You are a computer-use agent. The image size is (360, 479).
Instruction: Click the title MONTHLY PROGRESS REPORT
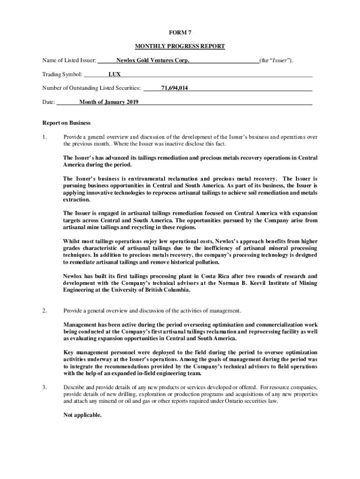coord(180,46)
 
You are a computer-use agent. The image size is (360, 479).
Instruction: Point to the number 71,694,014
coord(174,88)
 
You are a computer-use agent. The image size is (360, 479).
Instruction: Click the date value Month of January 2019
coord(108,102)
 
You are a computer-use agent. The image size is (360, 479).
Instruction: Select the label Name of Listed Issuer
coord(69,60)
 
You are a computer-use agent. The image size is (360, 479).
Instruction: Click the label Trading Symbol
coord(62,74)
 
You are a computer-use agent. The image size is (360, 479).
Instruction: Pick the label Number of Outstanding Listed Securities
coord(91,88)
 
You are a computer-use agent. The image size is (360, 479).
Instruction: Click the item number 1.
coord(44,137)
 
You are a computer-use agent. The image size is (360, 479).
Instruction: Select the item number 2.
coord(44,311)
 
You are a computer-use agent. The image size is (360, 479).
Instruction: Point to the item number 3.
coord(44,388)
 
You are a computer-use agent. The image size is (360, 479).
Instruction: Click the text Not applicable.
coord(82,415)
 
